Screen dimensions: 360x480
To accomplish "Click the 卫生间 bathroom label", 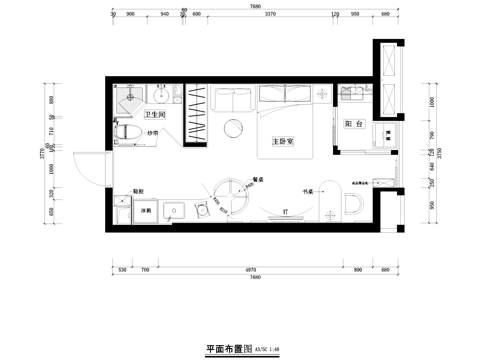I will (x=154, y=117).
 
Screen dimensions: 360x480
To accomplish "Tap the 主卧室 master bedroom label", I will (x=282, y=142).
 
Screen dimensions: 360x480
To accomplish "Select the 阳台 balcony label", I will (x=351, y=124).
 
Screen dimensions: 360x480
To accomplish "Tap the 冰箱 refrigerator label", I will (x=144, y=213).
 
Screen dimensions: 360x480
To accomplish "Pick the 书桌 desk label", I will (x=308, y=189).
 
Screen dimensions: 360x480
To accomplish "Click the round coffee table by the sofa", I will (x=233, y=128).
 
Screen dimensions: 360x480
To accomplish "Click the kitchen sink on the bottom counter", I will (x=181, y=213).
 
